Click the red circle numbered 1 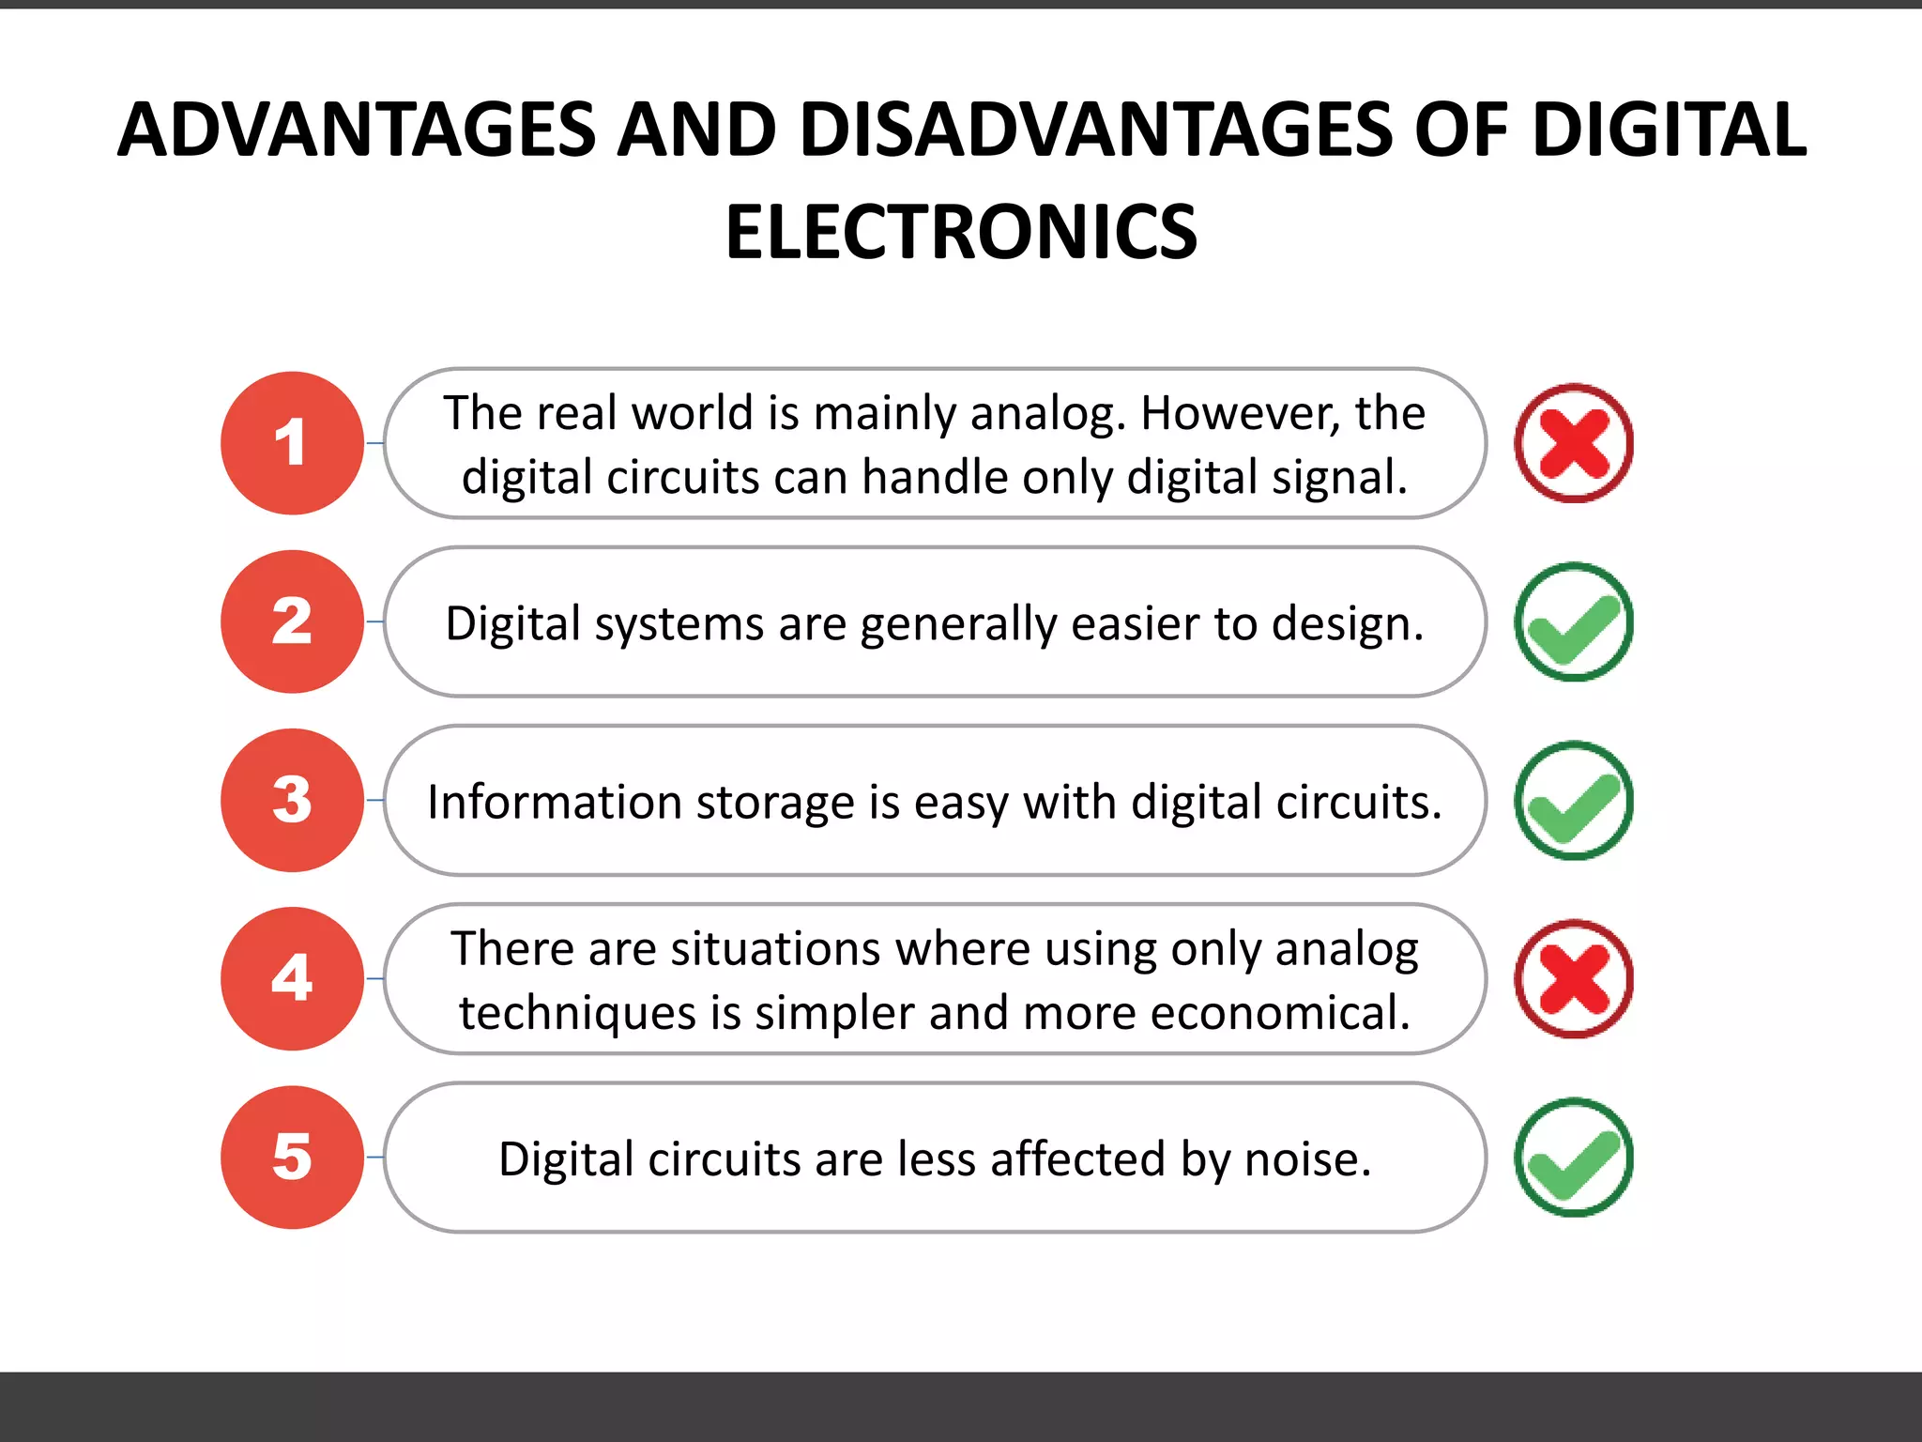pos(292,443)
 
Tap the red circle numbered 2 pos(292,621)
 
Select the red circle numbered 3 pos(292,800)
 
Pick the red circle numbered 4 pos(292,978)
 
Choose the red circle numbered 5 pos(292,1157)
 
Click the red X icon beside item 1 pos(1574,443)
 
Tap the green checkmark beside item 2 pos(1574,621)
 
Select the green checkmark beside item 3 pos(1574,800)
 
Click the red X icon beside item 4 pos(1574,978)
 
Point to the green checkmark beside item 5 pos(1574,1157)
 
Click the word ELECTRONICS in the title pos(961,233)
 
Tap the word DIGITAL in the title pos(1669,130)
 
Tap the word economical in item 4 pos(1281,1013)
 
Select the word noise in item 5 pos(1307,1159)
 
